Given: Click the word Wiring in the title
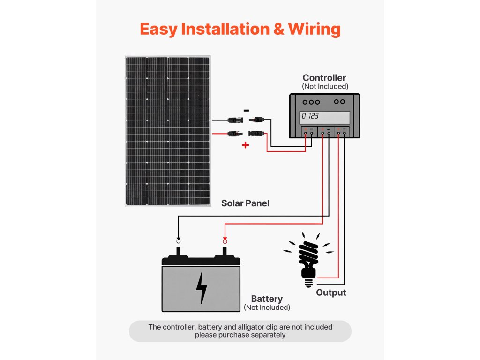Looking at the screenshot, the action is tap(315, 30).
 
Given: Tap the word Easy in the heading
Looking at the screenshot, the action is tap(158, 30).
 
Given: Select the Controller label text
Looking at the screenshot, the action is tap(324, 78).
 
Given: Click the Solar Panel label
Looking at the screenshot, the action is tap(245, 203).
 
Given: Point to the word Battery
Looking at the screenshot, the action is tap(267, 299).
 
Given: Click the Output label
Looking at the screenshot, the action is tap(331, 292).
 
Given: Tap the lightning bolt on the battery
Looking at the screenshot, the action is tap(201, 288).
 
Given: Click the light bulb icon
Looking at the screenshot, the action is tap(308, 260).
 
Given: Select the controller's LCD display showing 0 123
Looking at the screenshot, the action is tap(324, 118).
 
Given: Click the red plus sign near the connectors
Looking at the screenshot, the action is tap(245, 145).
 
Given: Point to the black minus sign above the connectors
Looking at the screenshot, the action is tap(246, 111).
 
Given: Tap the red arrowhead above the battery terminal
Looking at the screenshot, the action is tap(225, 239).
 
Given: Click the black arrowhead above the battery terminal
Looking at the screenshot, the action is tap(179, 239).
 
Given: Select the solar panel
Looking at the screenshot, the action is tap(168, 131).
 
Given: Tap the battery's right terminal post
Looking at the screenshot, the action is tap(225, 252).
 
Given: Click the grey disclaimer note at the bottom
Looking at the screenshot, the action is tap(240, 331).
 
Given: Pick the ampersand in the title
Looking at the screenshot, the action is tap(278, 30).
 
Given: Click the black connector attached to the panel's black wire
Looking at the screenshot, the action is tap(236, 120).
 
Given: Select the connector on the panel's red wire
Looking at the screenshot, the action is tap(235, 134).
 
